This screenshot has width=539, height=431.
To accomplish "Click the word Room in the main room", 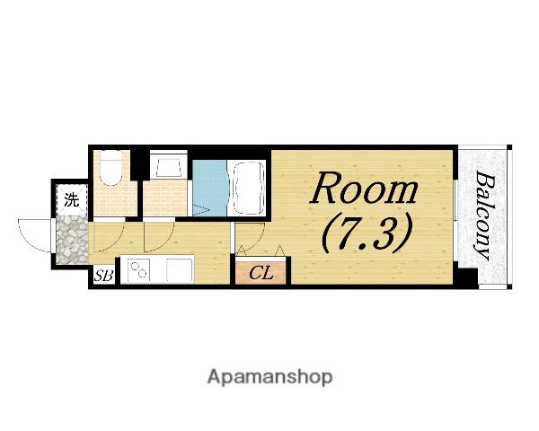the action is coord(364,188).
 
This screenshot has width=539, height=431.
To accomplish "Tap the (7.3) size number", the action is coord(367,233).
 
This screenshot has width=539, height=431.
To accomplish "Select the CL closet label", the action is coord(261,273).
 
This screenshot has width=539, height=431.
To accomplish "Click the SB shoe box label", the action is coord(103,276).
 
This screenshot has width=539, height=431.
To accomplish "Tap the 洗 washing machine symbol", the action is coord(72,199).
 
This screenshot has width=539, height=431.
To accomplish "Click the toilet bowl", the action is coord(110,169).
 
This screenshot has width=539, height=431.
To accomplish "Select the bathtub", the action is coord(250,188).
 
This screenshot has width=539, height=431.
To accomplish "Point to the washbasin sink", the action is coord(169,165).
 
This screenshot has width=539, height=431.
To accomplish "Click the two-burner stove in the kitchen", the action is coord(139,269).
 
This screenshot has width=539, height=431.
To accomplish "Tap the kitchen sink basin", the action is coord(180,269).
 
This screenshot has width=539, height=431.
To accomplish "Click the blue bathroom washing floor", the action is coord(209,188).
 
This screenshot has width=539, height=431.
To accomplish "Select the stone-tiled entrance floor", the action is coord(72,240).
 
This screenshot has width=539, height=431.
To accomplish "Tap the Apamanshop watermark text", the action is coord(269,377).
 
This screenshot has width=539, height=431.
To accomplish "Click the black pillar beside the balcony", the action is coord(465,275).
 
